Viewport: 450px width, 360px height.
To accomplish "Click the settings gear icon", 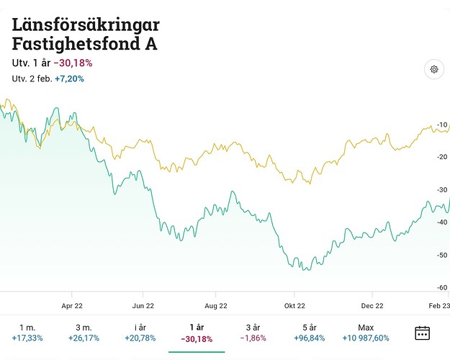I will point(434,70).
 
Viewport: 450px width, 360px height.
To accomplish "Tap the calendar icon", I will point(423,333).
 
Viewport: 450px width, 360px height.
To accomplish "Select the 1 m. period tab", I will point(27,328).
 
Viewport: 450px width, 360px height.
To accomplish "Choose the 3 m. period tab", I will point(84,328).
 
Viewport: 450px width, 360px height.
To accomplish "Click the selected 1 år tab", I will point(196,328).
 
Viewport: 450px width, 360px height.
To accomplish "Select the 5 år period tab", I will point(309,328).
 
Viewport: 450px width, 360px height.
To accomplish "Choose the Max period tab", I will point(366,328).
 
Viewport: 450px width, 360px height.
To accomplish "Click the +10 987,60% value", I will point(366,338).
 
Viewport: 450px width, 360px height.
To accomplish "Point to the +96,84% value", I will point(309,338).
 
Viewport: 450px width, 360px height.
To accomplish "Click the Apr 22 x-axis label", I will point(72,304).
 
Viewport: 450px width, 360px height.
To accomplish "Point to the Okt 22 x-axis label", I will point(294,304).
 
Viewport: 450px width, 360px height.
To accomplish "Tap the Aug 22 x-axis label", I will point(216,304).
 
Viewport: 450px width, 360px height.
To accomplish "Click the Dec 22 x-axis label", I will point(372,304).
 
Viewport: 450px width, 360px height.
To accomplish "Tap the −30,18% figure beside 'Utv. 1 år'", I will point(73,63).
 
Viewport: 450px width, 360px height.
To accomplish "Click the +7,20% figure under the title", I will point(69,78).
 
